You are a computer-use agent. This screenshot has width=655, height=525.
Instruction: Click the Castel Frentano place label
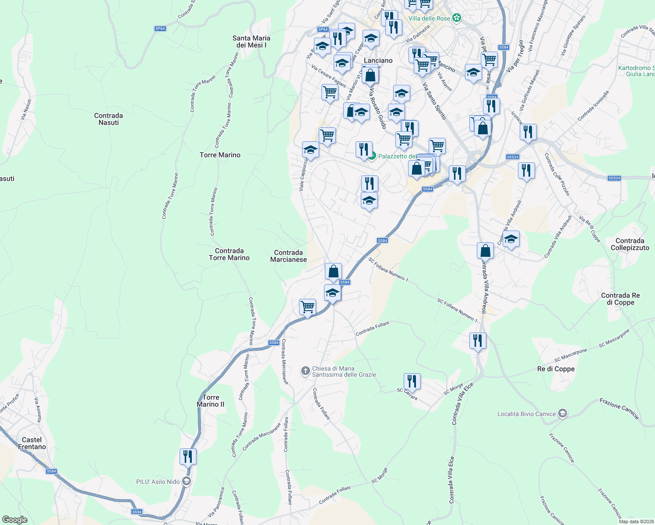(32, 443)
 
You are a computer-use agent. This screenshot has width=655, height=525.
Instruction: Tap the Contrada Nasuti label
(109, 119)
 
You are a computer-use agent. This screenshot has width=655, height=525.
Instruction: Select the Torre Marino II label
(211, 401)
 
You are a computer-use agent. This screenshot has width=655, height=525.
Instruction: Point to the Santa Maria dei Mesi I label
(251, 42)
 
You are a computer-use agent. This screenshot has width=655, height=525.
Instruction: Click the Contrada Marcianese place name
(289, 256)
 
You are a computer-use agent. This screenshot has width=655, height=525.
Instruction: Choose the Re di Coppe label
(556, 369)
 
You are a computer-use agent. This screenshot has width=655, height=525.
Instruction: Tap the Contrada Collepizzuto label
(630, 244)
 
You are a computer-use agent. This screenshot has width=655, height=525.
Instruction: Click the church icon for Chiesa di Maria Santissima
(306, 371)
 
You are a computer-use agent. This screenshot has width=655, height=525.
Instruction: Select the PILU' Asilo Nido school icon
(186, 482)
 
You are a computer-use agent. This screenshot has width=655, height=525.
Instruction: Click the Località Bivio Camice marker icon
(563, 413)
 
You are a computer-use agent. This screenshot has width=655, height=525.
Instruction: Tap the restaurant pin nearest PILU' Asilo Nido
(188, 457)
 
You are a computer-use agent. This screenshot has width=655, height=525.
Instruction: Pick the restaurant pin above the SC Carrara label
(412, 381)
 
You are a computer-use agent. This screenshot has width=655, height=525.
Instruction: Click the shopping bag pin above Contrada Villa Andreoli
(485, 251)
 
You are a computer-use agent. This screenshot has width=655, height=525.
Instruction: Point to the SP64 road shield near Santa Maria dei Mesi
(160, 28)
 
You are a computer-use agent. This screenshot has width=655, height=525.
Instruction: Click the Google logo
(15, 520)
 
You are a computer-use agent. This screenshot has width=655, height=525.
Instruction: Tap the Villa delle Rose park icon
(457, 18)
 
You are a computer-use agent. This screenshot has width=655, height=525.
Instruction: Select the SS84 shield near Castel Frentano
(52, 471)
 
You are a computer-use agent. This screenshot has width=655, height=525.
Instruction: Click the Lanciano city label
(378, 60)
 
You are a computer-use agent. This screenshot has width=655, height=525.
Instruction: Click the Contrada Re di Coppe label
(620, 299)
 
